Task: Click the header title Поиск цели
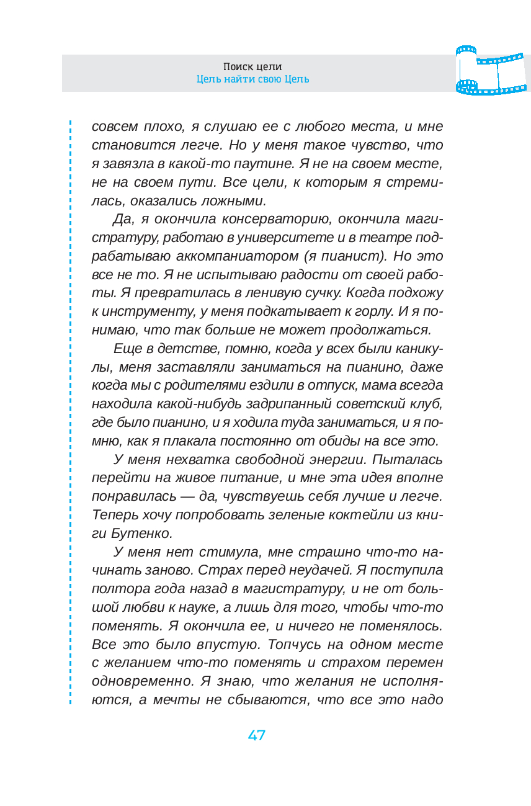pyautogui.click(x=252, y=66)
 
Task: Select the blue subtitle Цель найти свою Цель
pyautogui.click(x=252, y=79)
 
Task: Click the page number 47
pyautogui.click(x=256, y=735)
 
